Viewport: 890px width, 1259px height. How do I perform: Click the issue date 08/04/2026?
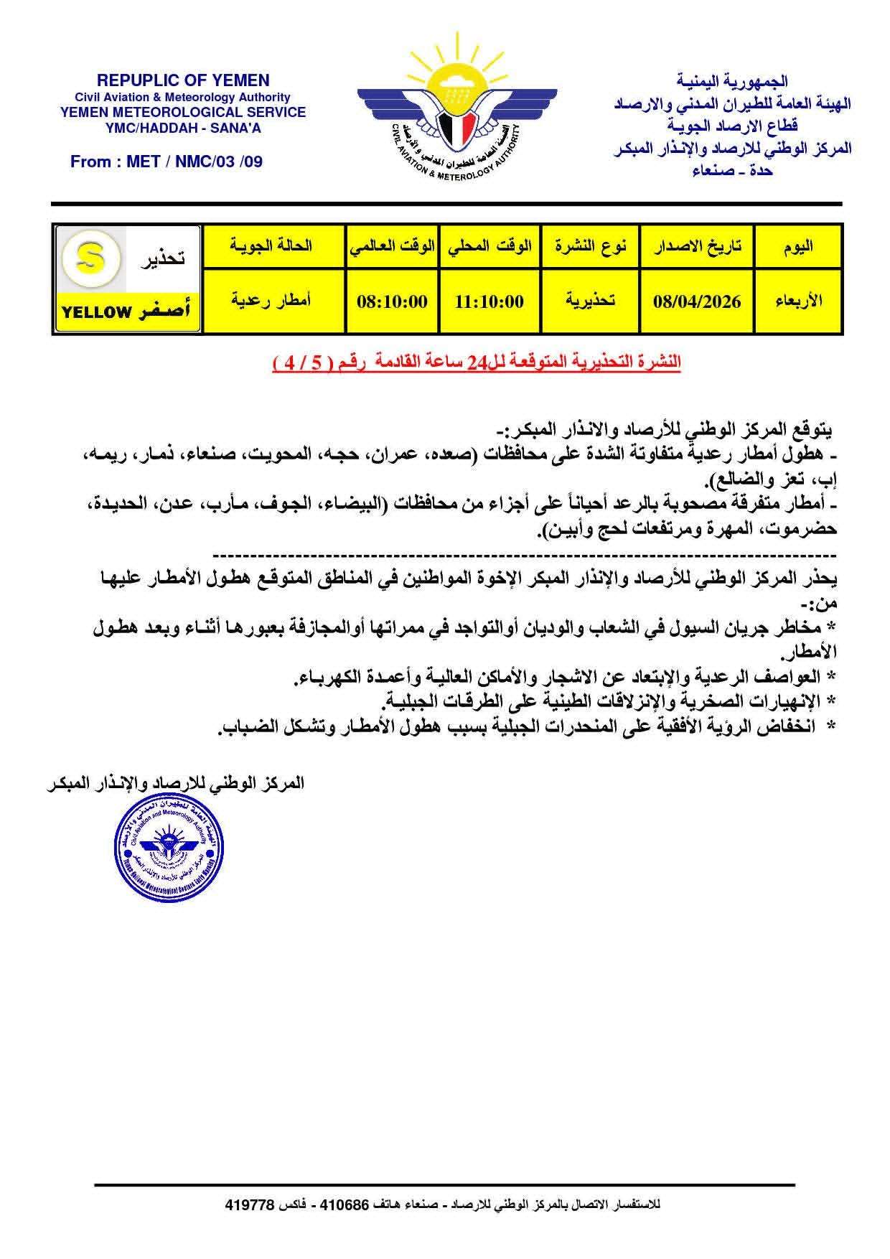pyautogui.click(x=697, y=301)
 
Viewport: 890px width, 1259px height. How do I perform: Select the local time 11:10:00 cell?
pyautogui.click(x=489, y=301)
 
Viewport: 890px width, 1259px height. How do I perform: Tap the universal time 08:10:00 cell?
pyautogui.click(x=392, y=301)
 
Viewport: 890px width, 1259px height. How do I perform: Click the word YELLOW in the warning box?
pyautogui.click(x=97, y=312)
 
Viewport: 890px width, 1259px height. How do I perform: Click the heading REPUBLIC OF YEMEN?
pyautogui.click(x=183, y=80)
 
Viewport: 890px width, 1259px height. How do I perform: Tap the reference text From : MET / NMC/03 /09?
pyautogui.click(x=167, y=162)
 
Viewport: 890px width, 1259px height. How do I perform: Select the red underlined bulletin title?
pyautogui.click(x=477, y=362)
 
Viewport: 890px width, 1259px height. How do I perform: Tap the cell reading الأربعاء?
pyautogui.click(x=798, y=301)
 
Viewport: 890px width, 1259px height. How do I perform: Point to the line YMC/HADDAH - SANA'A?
pyautogui.click(x=183, y=127)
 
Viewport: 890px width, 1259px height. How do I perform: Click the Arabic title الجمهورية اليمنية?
pyautogui.click(x=732, y=82)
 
